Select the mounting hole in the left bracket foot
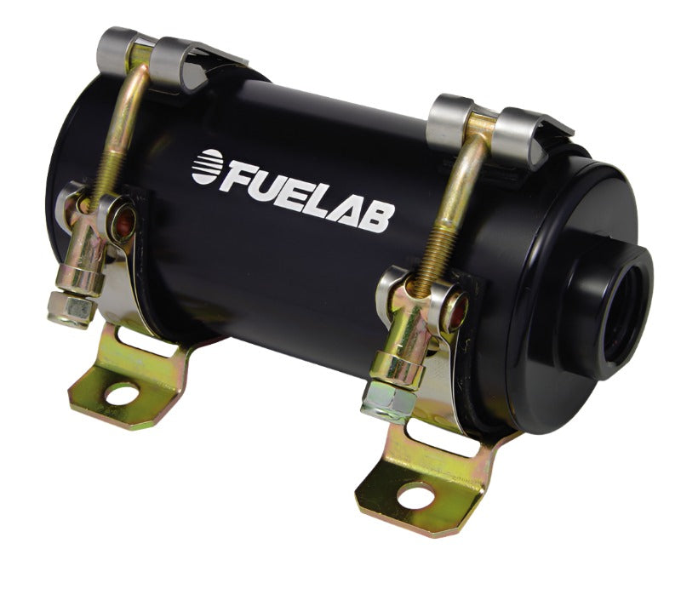click(122, 394)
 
